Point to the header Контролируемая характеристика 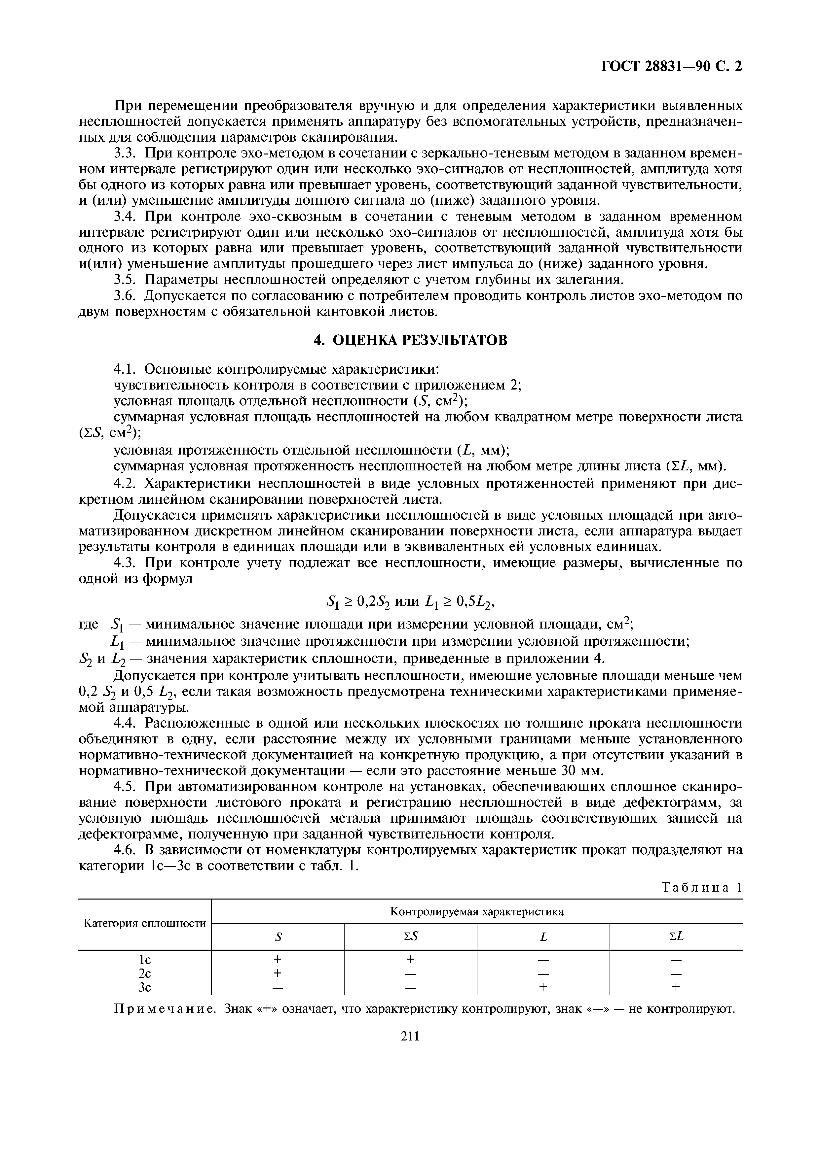coord(477,911)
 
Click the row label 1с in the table coord(145,959)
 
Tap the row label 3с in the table coord(145,987)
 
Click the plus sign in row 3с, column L coord(543,987)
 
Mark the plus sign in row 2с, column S coord(277,972)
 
